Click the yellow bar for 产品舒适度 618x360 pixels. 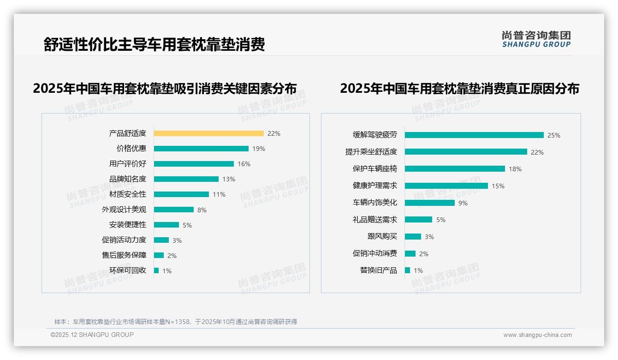point(208,133)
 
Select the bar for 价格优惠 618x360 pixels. point(201,149)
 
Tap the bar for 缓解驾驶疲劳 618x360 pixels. point(474,135)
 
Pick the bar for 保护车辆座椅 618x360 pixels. point(455,169)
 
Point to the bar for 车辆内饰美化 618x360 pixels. point(430,203)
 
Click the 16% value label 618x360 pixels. point(244,164)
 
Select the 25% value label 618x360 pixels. point(553,135)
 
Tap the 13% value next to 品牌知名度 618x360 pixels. point(229,179)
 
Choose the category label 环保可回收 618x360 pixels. point(128,270)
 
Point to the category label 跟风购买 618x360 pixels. point(382,236)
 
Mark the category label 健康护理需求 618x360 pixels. point(374,186)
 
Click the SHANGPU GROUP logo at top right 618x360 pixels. point(536,39)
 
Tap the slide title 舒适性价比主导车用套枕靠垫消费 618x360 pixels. point(154,45)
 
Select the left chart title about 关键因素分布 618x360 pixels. point(165,88)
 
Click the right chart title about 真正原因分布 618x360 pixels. point(459,88)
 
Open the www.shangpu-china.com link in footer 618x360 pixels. point(537,335)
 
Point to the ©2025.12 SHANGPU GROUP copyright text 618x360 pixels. point(92,335)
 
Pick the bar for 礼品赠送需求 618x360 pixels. point(418,220)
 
